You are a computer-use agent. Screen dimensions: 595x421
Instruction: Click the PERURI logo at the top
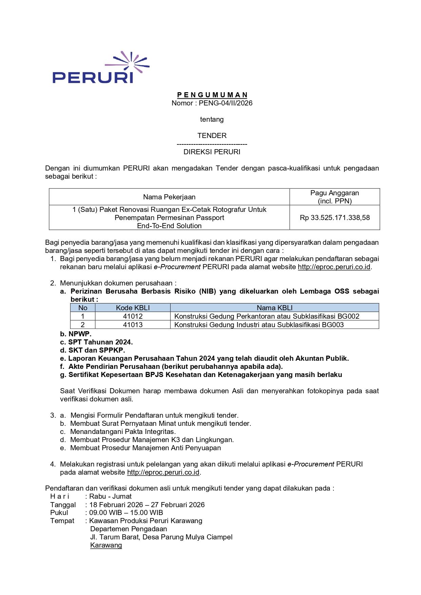(101, 68)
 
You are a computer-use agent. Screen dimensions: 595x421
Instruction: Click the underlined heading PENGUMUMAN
(212, 95)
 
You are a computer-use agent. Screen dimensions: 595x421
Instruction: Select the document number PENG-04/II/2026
(226, 103)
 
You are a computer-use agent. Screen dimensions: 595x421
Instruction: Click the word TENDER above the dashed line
(212, 136)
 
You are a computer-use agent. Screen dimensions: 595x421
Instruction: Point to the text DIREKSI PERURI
(212, 152)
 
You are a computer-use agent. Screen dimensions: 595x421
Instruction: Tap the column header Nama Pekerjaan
(169, 197)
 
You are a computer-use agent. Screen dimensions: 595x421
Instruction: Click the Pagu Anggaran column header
(334, 197)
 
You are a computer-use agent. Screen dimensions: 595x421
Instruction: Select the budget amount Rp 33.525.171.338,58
(334, 218)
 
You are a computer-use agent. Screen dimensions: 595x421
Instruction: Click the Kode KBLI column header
(133, 308)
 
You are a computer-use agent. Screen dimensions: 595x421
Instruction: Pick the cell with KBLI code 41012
(133, 316)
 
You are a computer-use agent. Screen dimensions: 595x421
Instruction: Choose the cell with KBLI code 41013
(133, 325)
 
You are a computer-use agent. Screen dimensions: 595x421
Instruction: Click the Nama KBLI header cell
(274, 308)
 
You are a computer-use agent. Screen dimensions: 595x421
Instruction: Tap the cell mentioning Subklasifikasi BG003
(259, 325)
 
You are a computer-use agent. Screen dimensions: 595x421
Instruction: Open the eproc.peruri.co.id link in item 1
(334, 267)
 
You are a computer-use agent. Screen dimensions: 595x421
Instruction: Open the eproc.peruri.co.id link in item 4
(163, 472)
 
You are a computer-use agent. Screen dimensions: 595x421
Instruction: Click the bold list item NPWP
(80, 334)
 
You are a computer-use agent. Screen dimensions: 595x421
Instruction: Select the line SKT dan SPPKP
(96, 350)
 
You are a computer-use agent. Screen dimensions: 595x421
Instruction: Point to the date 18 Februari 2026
(116, 504)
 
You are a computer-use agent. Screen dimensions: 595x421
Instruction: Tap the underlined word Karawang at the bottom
(106, 545)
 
